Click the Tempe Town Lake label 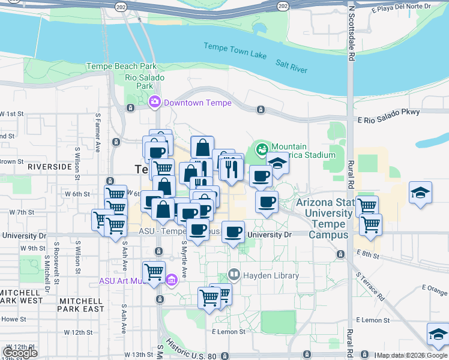point(235,51)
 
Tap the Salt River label point(291,65)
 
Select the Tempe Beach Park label point(121,67)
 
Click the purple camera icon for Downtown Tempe point(155,103)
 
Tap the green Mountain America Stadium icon point(262,148)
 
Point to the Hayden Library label point(271,276)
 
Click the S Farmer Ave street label point(97,139)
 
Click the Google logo point(20,353)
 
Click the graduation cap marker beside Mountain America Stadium point(277,163)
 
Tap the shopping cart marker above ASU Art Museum point(154,271)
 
